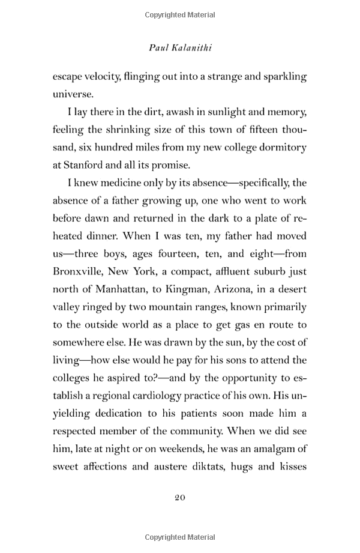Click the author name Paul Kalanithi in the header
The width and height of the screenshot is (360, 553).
179,47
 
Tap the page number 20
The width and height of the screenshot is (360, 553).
180,498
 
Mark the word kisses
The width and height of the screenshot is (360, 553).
290,466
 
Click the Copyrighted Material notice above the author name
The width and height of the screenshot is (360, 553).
180,11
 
